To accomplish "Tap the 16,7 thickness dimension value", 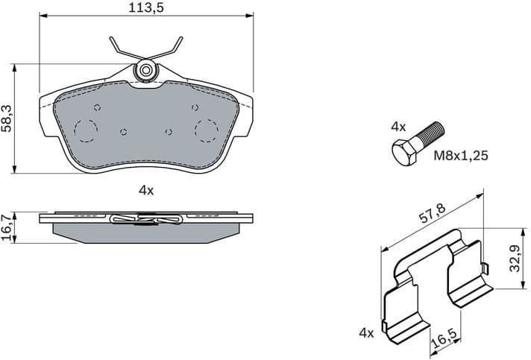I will tap(7, 227).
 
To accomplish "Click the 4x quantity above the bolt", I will tap(398, 127).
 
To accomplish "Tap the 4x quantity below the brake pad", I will tap(145, 190).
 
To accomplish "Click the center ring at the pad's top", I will tap(145, 71).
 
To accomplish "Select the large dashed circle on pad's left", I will tap(86, 131).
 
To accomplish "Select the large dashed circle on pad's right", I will tap(206, 130).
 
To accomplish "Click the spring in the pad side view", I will tap(145, 219).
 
